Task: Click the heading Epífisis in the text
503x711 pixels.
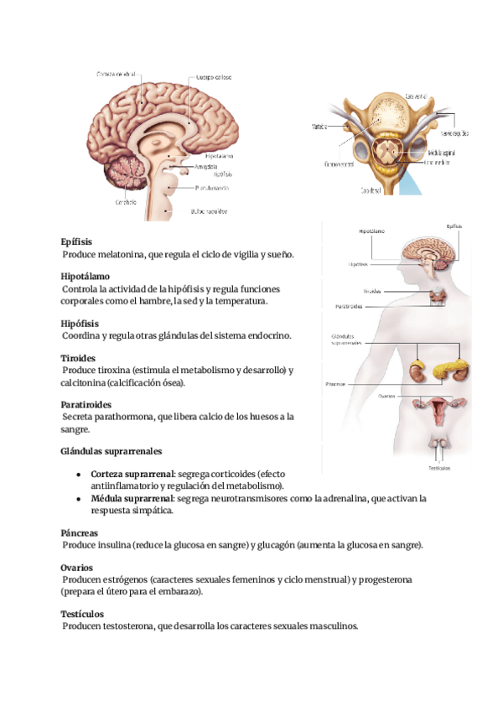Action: pos(76,241)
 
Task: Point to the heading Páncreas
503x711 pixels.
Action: pos(80,532)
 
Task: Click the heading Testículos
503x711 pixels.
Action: pos(84,614)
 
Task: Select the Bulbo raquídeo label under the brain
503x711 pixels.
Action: pos(209,211)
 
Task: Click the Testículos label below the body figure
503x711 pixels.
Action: pos(439,467)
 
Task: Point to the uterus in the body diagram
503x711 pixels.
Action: pos(438,410)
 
